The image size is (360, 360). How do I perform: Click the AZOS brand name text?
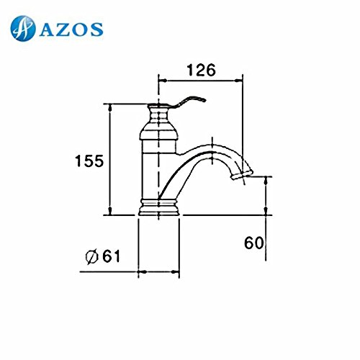(x=71, y=30)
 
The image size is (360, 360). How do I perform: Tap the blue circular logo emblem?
(x=23, y=29)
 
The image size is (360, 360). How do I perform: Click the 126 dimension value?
(x=201, y=70)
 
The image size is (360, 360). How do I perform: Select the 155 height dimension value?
(x=89, y=161)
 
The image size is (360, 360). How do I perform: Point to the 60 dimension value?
(x=253, y=243)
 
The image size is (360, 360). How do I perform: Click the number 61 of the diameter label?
(x=111, y=256)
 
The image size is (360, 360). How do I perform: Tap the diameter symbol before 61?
(x=92, y=257)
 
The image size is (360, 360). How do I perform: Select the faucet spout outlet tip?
(x=242, y=175)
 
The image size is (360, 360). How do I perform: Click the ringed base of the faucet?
(x=159, y=207)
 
